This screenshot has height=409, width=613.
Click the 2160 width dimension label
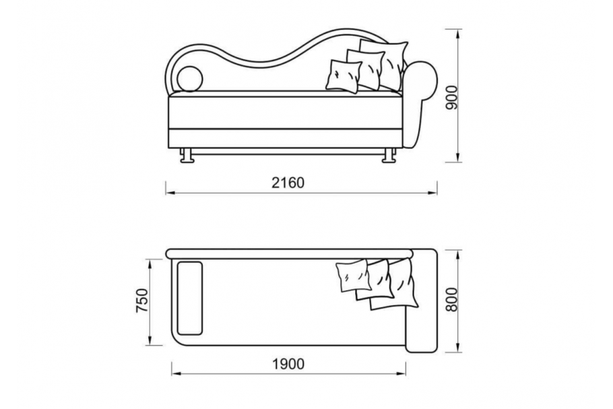(288, 183)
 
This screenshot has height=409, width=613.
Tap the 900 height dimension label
(451, 97)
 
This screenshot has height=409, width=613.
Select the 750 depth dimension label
(142, 301)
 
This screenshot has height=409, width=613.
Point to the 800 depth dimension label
(451, 300)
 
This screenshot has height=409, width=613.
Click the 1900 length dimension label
(288, 364)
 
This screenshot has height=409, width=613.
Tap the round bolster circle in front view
(190, 79)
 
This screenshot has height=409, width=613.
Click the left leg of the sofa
(187, 155)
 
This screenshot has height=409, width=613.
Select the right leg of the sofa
(389, 155)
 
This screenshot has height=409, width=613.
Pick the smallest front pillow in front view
(344, 76)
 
